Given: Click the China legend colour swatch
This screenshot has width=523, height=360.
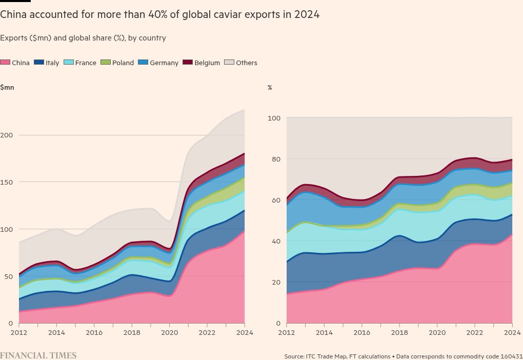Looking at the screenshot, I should click(x=5, y=63).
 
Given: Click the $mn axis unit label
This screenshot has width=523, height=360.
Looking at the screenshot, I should click(x=7, y=87).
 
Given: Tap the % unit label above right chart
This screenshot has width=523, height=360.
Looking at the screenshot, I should click(x=270, y=88).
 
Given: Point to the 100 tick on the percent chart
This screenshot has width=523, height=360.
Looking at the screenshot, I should click(x=274, y=118).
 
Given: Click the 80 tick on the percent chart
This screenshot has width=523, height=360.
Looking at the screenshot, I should click(x=276, y=159).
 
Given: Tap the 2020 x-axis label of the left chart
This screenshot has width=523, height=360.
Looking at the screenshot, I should click(x=169, y=332).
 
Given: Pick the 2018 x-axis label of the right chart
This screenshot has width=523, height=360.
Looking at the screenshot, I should click(x=399, y=332).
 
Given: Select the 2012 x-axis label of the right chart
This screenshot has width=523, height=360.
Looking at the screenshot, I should click(x=287, y=332).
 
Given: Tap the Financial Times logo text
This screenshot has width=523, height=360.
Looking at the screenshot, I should click(x=38, y=355).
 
